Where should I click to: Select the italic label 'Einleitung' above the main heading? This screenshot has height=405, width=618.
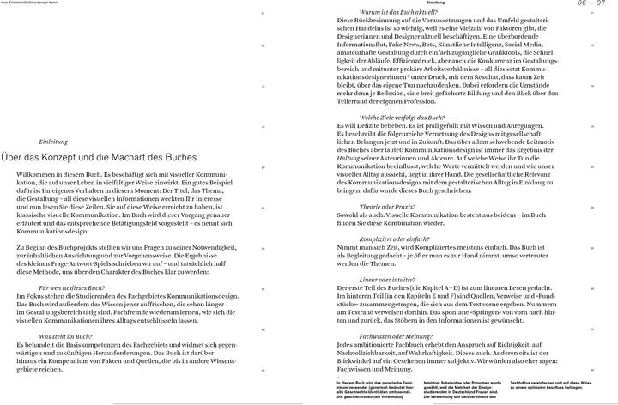53,141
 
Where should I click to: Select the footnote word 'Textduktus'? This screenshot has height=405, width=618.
524,378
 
